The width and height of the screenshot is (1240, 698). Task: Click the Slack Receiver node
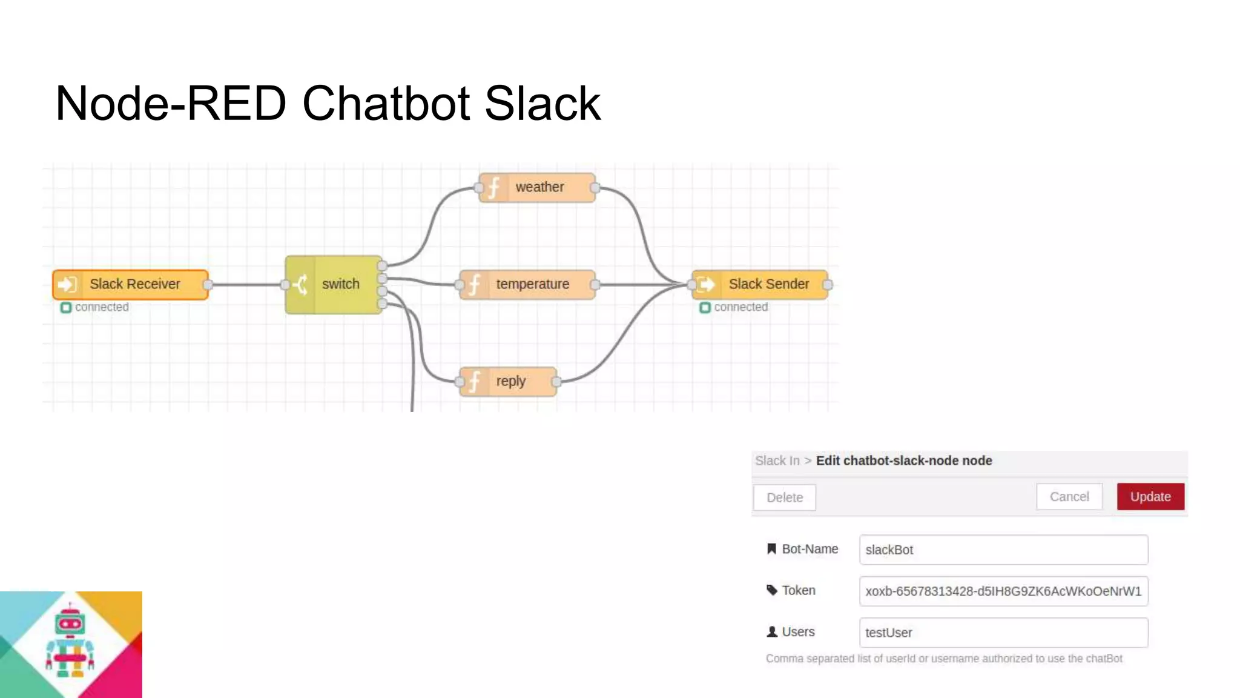(x=131, y=284)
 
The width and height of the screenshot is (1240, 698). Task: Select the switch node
(x=334, y=284)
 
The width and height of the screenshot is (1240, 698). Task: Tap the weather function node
(x=537, y=187)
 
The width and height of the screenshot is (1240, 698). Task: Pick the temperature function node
(x=527, y=284)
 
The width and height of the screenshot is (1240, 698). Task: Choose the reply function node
(x=508, y=381)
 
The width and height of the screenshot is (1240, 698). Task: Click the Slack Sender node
(x=760, y=284)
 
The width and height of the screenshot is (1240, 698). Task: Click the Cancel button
(x=1069, y=497)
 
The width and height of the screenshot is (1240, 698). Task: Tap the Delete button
(x=785, y=497)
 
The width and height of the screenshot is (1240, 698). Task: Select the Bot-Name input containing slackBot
(x=1003, y=550)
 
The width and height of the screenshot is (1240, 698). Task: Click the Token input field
(x=1003, y=591)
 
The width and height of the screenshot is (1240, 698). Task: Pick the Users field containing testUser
(x=1003, y=633)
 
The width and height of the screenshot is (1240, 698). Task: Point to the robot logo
(x=70, y=643)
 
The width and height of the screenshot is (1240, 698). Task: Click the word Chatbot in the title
(x=385, y=103)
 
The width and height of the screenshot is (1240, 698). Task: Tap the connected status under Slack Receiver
(x=95, y=307)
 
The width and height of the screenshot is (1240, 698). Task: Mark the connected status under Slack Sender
(x=734, y=307)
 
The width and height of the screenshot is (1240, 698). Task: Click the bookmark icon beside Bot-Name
(x=771, y=549)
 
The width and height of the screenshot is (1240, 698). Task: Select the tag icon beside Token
(x=772, y=590)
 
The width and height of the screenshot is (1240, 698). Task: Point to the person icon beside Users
(x=772, y=632)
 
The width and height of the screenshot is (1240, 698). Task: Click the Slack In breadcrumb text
(x=777, y=460)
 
